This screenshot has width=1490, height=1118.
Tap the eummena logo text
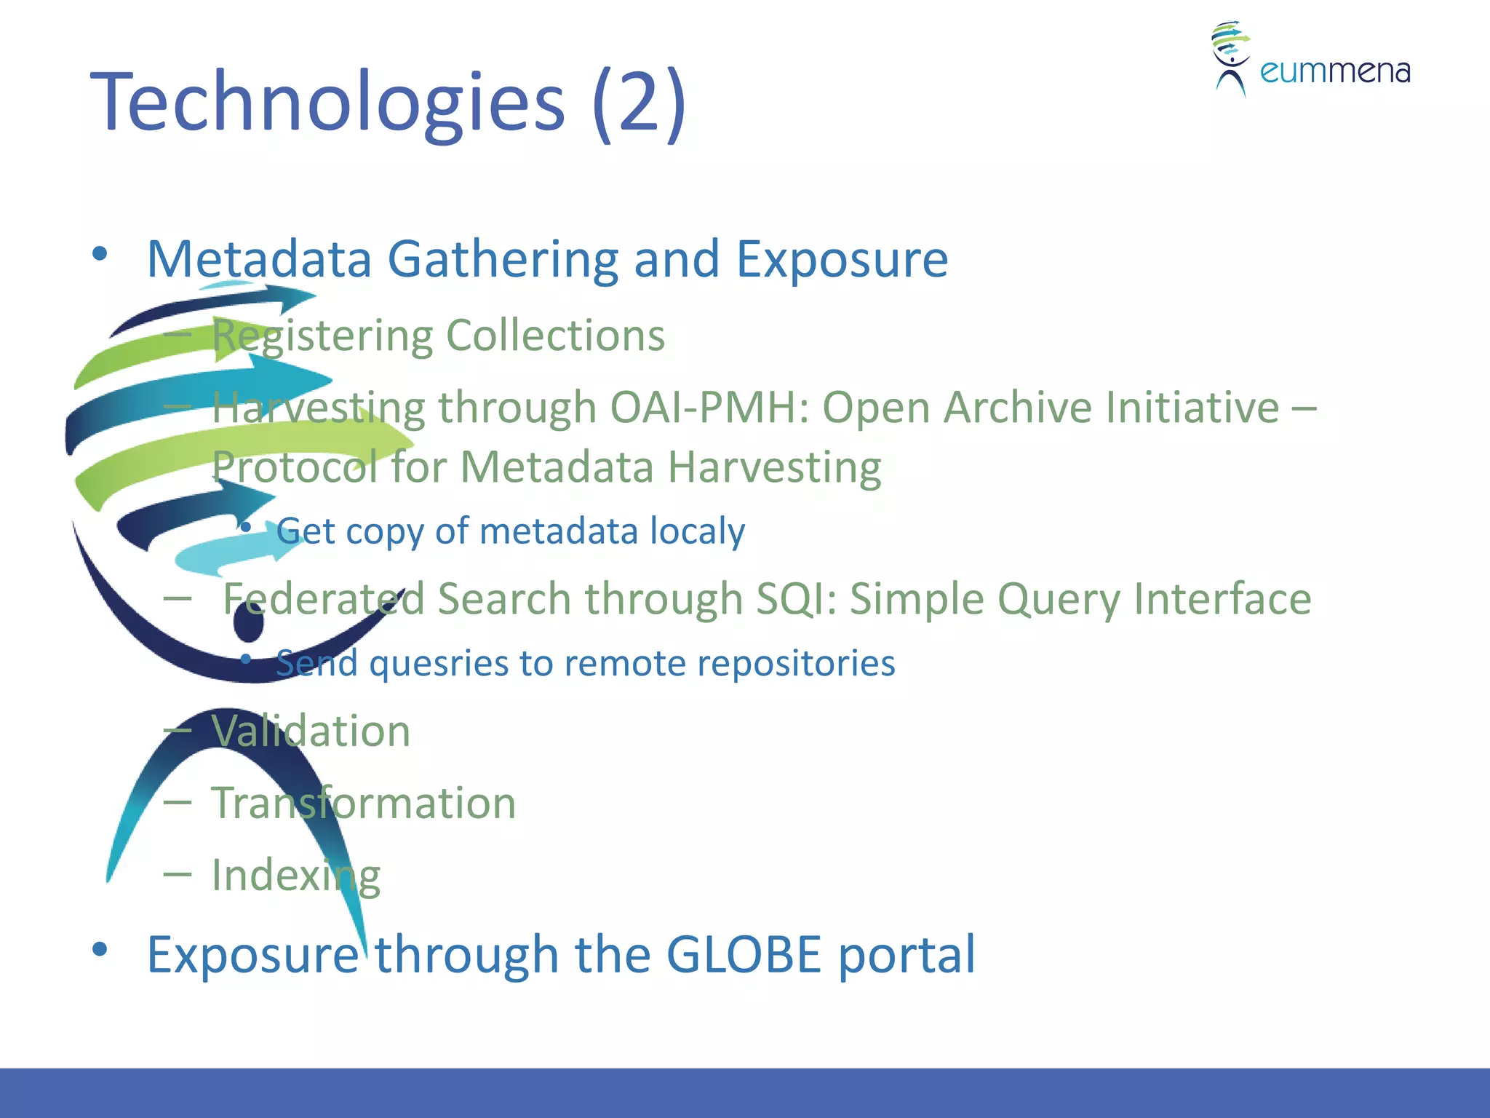pyautogui.click(x=1334, y=71)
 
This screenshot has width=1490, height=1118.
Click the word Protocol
pyautogui.click(x=294, y=467)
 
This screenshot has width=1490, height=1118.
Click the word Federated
pyautogui.click(x=323, y=599)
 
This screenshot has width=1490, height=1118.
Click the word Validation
pyautogui.click(x=311, y=731)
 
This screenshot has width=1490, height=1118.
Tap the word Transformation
pyautogui.click(x=363, y=803)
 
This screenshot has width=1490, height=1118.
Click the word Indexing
pyautogui.click(x=295, y=875)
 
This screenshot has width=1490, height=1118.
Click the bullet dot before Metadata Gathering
pyautogui.click(x=100, y=254)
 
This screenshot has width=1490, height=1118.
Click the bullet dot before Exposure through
pyautogui.click(x=100, y=949)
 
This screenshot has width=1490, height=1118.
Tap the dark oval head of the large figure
pyautogui.click(x=249, y=623)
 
